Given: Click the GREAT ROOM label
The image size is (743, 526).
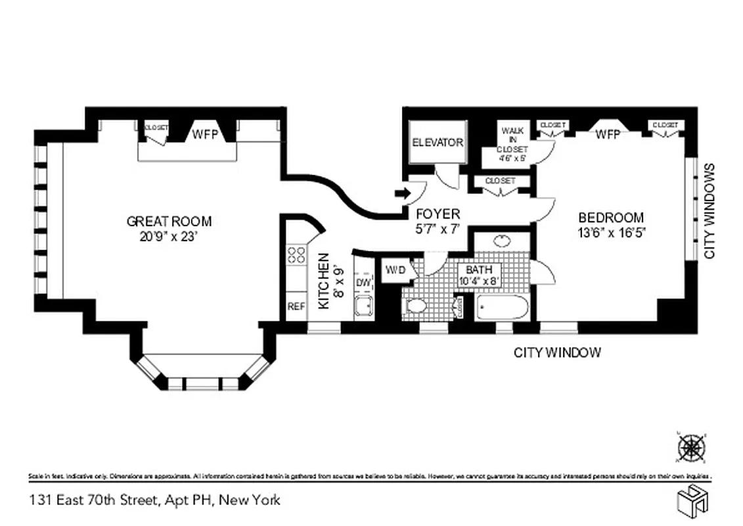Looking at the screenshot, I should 169,222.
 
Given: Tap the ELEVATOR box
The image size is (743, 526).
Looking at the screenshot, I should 438,143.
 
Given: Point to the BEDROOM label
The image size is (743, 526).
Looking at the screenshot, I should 610,218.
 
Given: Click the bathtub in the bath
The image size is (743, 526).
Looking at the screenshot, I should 502,307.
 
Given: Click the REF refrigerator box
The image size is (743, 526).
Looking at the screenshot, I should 296,306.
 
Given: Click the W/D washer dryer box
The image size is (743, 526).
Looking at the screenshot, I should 395,270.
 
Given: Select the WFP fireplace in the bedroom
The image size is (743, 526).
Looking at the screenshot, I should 608,134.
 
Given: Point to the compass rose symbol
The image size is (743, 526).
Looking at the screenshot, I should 691,448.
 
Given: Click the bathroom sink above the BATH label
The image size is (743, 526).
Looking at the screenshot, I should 503,240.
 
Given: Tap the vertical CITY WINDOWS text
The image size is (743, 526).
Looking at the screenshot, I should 709,210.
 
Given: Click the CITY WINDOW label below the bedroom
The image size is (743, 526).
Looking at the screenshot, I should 556,353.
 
